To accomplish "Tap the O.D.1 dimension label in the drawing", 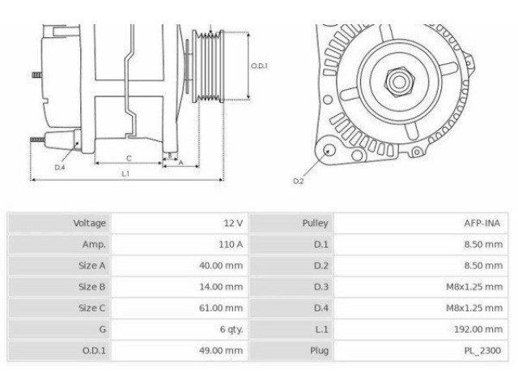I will pyautogui.click(x=259, y=66).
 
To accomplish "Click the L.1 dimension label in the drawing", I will pyautogui.click(x=125, y=173).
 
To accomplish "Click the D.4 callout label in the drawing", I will pyautogui.click(x=59, y=167).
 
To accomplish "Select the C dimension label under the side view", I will pyautogui.click(x=129, y=157).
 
